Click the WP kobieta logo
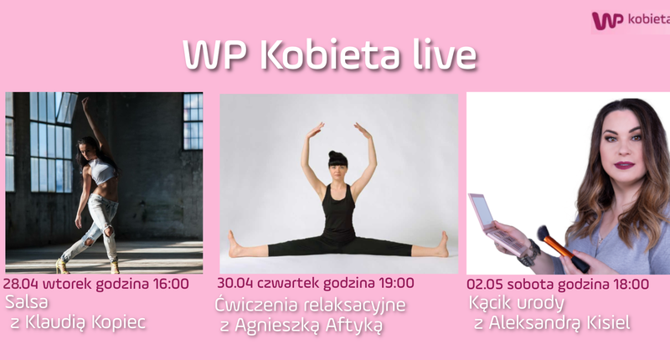(x=631, y=20)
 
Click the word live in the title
(x=445, y=55)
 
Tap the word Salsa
(x=27, y=302)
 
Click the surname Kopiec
(x=119, y=322)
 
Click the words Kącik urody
(x=517, y=303)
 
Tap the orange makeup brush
(x=563, y=249)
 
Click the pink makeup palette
(x=497, y=224)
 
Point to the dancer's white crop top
(x=101, y=171)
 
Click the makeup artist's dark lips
(x=624, y=165)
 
